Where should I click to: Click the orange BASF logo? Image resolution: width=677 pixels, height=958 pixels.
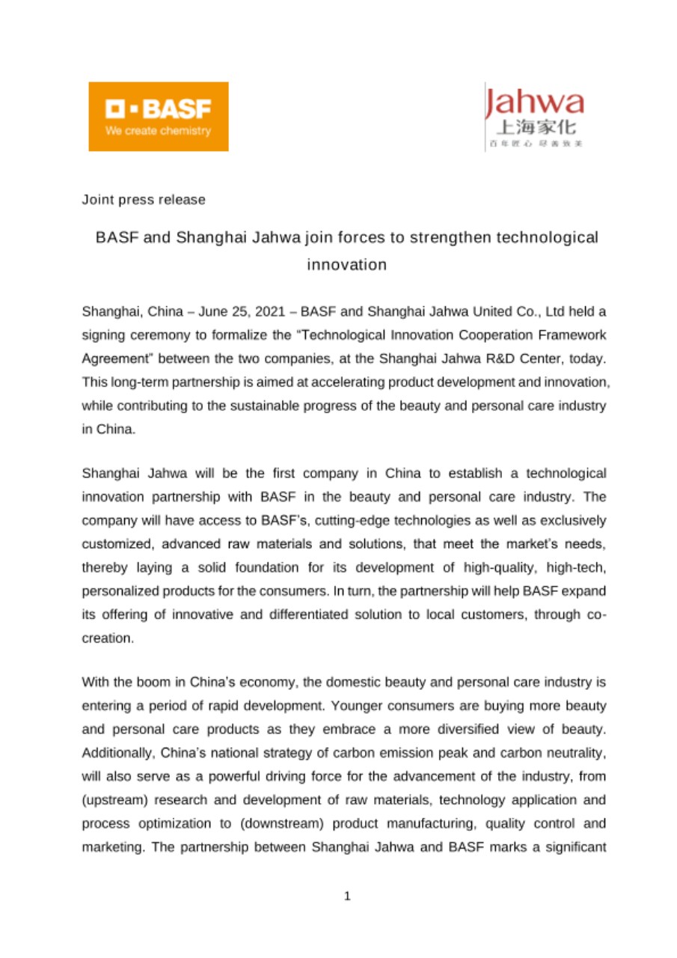[159, 116]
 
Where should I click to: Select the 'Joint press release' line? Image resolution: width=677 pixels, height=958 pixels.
[144, 200]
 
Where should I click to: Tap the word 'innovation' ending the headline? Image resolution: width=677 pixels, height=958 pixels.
[346, 265]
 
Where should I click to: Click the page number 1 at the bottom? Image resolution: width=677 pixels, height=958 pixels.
[346, 896]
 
